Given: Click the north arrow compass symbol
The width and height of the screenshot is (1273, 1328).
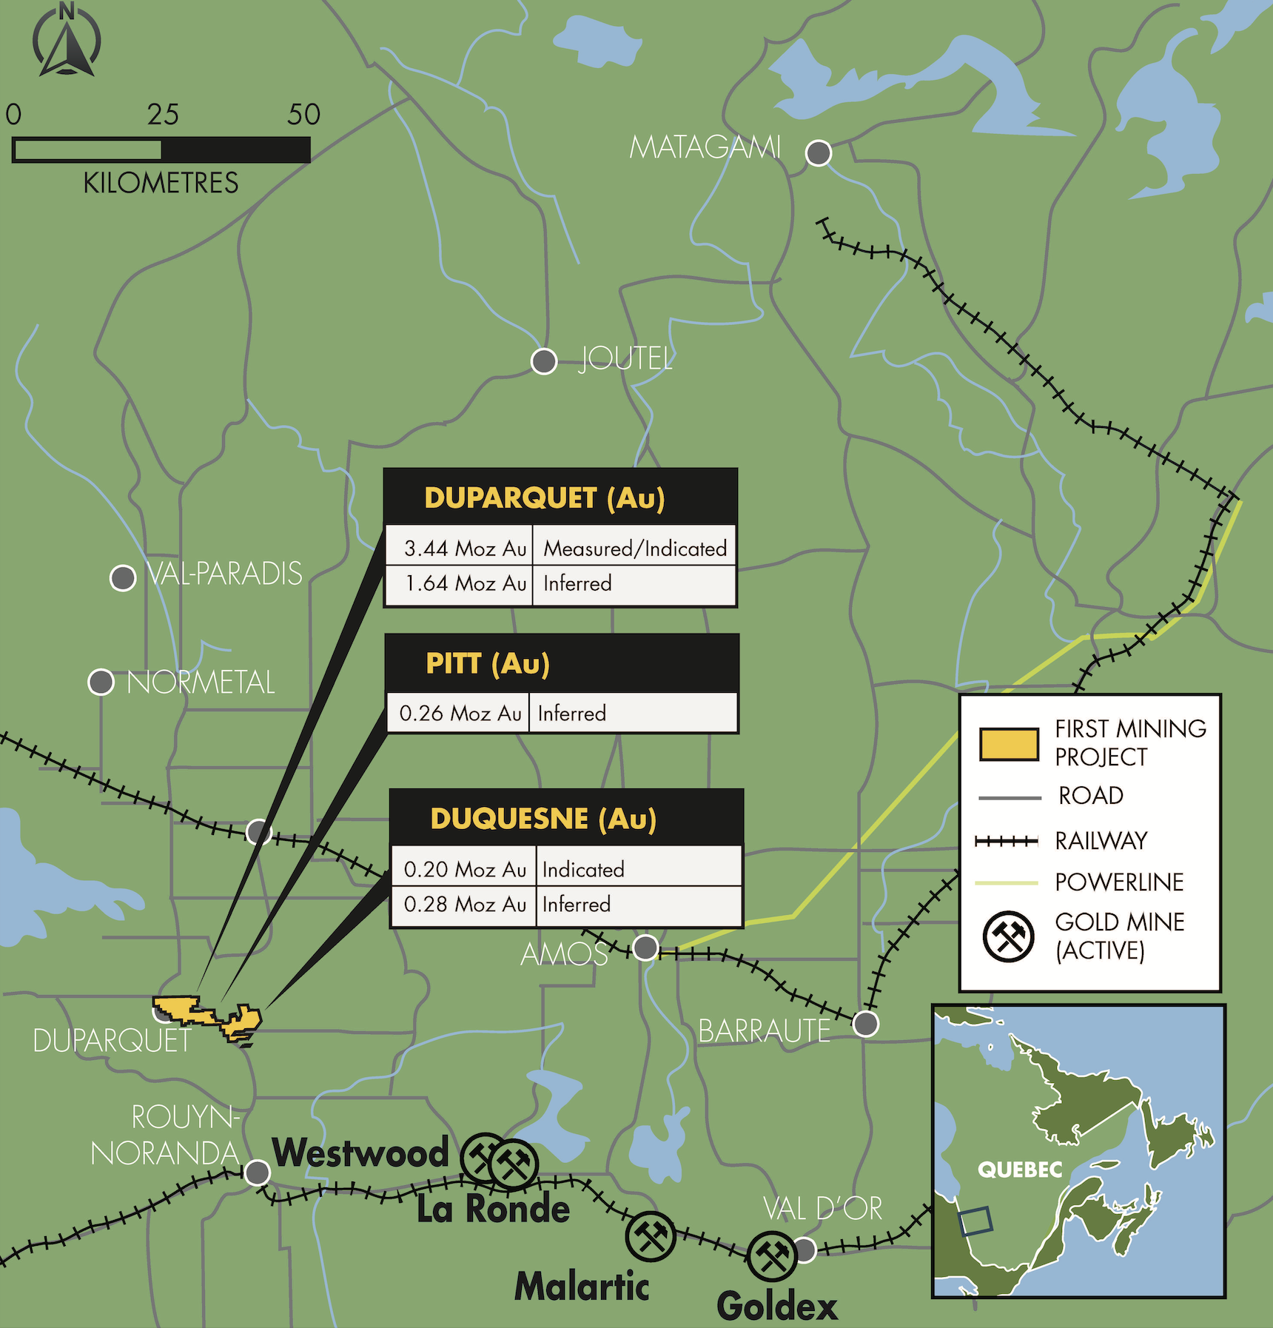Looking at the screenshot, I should click(67, 41).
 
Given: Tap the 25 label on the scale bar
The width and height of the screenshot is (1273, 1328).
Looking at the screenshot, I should click(163, 114).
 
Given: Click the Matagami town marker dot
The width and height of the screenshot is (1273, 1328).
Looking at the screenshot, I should click(818, 153).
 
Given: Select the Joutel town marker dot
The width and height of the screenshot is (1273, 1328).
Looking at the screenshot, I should click(544, 361).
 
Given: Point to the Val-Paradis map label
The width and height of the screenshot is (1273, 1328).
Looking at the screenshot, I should click(224, 574).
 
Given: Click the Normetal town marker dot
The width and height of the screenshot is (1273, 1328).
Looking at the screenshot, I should click(101, 682).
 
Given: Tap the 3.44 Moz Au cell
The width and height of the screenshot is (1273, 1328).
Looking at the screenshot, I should click(464, 549).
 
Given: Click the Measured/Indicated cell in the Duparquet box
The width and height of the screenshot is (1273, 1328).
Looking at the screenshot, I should click(634, 549).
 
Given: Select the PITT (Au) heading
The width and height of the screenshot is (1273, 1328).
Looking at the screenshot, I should click(488, 663).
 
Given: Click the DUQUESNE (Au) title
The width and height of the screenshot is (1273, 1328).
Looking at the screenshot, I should click(543, 819).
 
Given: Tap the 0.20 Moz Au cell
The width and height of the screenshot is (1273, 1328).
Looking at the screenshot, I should click(465, 869).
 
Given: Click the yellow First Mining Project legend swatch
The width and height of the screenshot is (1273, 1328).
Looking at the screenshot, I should click(1009, 744).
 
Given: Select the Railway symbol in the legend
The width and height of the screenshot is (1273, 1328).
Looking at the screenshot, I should click(1007, 841).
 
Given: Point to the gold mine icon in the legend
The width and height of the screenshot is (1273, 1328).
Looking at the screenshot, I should click(1008, 936).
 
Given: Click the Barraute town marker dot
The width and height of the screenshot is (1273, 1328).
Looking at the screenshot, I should click(865, 1024).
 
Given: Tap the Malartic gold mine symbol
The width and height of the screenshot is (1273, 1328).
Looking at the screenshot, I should click(650, 1236).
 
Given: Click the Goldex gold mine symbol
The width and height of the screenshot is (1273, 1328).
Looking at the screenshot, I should click(772, 1256).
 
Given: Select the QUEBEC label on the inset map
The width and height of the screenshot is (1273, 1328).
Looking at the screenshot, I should click(1020, 1170).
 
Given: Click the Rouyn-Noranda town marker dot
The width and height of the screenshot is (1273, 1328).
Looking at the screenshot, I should click(257, 1173).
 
